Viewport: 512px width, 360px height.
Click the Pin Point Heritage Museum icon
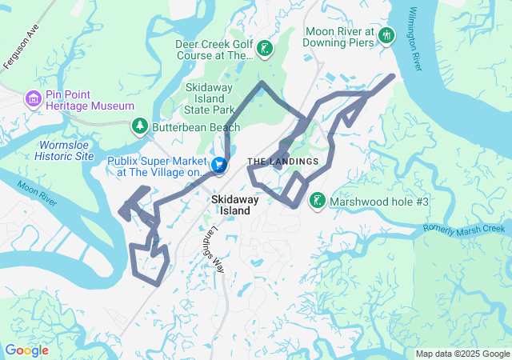(34, 98)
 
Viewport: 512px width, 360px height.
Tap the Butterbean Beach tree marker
(140, 126)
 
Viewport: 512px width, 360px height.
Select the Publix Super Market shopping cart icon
(218, 166)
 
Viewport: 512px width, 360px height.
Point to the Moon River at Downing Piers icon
(386, 35)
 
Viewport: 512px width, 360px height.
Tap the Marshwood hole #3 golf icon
(318, 200)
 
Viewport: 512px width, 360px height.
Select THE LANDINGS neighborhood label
(282, 162)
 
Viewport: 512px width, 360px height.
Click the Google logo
(26, 350)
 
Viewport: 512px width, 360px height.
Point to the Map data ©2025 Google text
(462, 354)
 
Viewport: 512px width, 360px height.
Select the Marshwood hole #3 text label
(379, 200)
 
